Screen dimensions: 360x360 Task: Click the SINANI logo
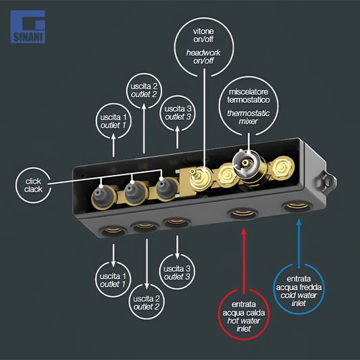pyautogui.click(x=28, y=26)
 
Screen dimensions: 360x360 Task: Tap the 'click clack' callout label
pyautogui.click(x=34, y=185)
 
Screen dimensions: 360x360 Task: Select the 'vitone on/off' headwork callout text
pyautogui.click(x=203, y=46)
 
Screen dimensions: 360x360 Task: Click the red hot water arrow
pyautogui.click(x=244, y=261)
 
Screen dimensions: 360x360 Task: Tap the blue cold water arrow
pyautogui.click(x=299, y=244)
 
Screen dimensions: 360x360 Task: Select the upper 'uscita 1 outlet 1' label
pyautogui.click(x=113, y=121)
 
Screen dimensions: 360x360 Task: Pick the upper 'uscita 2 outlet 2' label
pyautogui.click(x=144, y=91)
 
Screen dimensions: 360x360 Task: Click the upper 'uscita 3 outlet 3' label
pyautogui.click(x=178, y=113)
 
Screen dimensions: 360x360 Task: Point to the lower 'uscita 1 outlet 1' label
pyautogui.click(x=113, y=280)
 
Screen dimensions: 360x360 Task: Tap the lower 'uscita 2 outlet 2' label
pyautogui.click(x=147, y=303)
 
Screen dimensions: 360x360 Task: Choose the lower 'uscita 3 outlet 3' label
pyautogui.click(x=177, y=273)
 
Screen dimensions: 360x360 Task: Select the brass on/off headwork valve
pyautogui.click(x=201, y=177)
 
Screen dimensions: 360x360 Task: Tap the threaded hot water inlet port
pyautogui.click(x=243, y=214)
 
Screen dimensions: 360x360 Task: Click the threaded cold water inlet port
pyautogui.click(x=297, y=206)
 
